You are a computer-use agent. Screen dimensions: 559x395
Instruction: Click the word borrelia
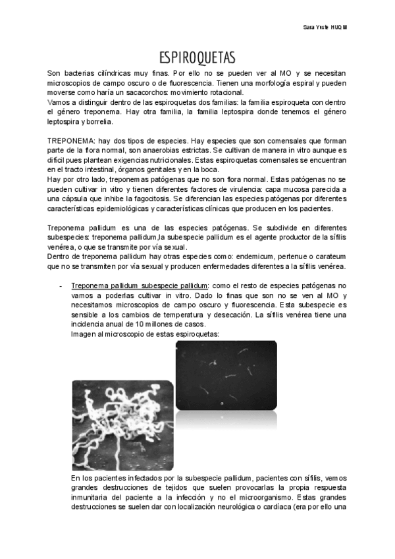(98, 122)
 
